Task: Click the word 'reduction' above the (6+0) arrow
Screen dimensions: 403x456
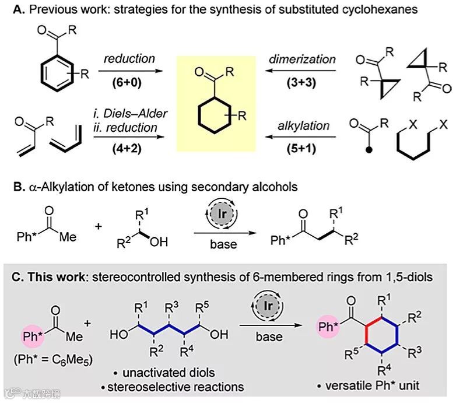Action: pyautogui.click(x=128, y=58)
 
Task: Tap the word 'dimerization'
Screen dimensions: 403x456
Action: pyautogui.click(x=303, y=58)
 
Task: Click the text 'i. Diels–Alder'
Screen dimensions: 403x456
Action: pyautogui.click(x=129, y=113)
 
